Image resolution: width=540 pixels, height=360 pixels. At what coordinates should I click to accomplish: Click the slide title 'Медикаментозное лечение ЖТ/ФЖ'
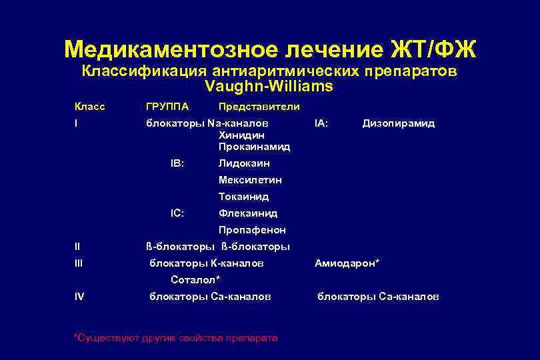point(270,49)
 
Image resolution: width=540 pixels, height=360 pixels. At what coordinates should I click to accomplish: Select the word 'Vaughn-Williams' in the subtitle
point(269,87)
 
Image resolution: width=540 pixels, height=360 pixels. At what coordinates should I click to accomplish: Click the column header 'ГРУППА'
point(167,107)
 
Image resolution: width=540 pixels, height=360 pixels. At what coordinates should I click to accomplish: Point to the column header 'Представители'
point(259,107)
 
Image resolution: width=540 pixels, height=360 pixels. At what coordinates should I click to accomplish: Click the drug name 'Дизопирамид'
point(398,123)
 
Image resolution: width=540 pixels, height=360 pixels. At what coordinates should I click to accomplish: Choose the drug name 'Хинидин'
point(237,135)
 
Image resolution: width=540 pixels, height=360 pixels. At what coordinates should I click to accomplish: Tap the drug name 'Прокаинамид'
point(254,146)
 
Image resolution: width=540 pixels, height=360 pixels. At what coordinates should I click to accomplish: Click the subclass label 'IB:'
point(177,163)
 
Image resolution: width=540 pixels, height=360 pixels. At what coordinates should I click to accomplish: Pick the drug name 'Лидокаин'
point(244,163)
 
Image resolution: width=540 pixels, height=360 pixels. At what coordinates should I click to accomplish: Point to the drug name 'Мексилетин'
point(250,180)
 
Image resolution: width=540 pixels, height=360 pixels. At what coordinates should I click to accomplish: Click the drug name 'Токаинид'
point(243,197)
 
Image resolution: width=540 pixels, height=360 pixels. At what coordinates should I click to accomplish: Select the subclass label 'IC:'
point(177,213)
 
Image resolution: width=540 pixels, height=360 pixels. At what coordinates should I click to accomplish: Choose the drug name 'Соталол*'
point(195,280)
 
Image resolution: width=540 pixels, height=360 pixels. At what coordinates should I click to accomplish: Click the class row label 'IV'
point(79,297)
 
